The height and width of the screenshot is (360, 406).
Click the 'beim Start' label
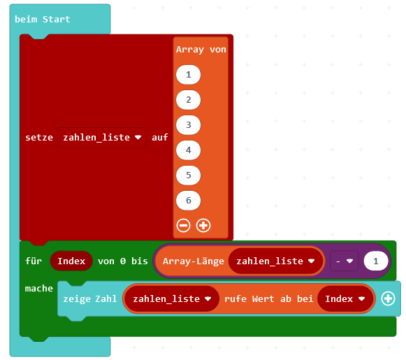(42, 19)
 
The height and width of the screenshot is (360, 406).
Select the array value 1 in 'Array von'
(188, 75)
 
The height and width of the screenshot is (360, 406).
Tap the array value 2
(188, 100)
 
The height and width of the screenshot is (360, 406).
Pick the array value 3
(188, 125)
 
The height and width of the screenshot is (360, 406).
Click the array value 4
(188, 150)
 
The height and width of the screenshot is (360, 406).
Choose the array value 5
(188, 175)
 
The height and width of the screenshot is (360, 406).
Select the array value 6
(188, 201)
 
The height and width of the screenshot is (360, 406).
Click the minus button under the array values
(183, 225)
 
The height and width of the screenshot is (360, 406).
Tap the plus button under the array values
(203, 225)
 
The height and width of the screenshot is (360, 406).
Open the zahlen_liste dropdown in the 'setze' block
(102, 138)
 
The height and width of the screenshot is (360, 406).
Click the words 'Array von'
(201, 50)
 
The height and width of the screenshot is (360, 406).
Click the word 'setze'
(39, 138)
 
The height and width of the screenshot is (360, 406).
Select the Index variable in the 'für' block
(71, 261)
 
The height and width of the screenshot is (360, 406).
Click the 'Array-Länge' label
(193, 261)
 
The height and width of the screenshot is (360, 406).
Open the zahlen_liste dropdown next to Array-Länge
(275, 261)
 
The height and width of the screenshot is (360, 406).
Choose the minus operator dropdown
(345, 261)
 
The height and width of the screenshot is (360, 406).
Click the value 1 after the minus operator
(376, 261)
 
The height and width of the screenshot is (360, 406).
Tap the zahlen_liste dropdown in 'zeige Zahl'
(172, 299)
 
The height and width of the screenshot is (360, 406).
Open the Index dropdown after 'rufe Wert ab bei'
(345, 299)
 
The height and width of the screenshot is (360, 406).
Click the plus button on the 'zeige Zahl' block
(388, 298)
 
